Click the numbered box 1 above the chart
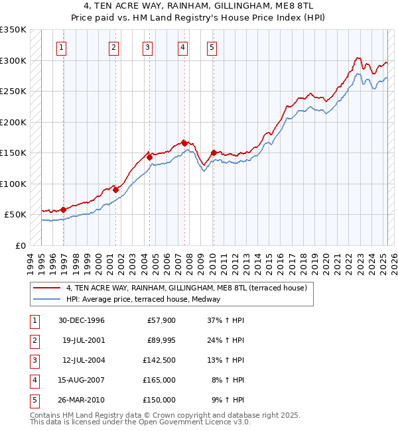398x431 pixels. [62, 47]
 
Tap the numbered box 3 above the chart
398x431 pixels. [147, 47]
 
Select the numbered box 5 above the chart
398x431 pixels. [211, 47]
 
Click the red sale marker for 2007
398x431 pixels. [184, 143]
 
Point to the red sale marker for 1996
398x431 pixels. [64, 210]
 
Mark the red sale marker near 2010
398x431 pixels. [214, 152]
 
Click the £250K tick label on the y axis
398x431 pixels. [13, 92]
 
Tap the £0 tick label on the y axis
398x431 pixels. [19, 246]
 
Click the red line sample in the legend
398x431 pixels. [46, 288]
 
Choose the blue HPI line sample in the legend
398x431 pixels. [46, 299]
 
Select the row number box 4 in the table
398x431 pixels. [34, 380]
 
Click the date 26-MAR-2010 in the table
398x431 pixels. [81, 400]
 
